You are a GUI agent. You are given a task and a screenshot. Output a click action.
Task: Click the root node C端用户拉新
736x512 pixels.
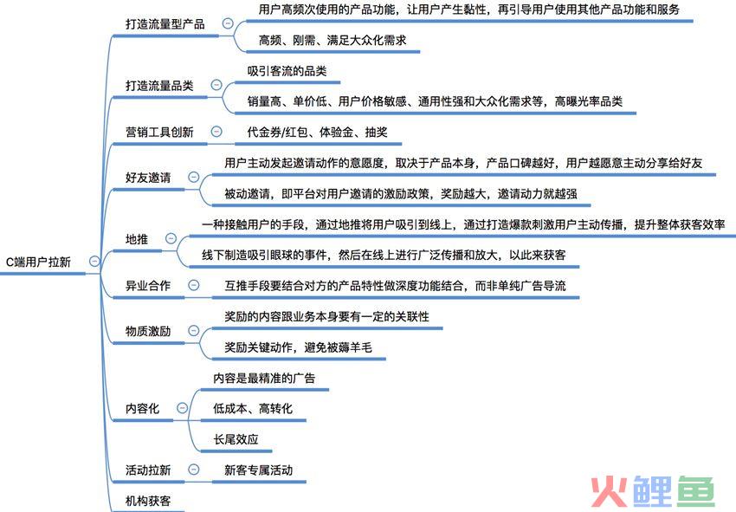[38, 262]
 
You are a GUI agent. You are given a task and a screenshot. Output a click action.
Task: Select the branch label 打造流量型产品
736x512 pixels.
[165, 24]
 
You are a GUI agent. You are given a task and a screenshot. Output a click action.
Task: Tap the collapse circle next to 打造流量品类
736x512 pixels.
[216, 85]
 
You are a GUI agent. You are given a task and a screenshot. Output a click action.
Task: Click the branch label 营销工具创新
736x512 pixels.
[159, 132]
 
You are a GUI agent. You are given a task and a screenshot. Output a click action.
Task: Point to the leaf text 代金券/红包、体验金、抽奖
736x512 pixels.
[317, 132]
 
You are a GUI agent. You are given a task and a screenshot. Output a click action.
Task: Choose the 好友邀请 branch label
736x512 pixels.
[148, 178]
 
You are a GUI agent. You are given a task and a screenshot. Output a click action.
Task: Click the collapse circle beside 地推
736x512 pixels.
[171, 238]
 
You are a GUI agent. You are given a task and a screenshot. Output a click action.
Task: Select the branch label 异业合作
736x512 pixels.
[148, 286]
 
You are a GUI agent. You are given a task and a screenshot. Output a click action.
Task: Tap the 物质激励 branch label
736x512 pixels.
[148, 331]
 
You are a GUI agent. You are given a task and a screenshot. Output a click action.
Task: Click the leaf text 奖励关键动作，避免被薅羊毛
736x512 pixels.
[298, 347]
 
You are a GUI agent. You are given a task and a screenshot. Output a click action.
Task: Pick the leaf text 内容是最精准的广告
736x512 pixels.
[264, 378]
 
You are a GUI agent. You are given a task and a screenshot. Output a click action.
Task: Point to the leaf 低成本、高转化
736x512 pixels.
[253, 408]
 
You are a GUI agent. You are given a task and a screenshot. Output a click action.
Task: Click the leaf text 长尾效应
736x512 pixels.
[236, 439]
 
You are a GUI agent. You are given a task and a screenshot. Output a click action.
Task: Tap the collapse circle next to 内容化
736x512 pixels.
[182, 408]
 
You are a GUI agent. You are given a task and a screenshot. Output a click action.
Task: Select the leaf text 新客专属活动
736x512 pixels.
[258, 470]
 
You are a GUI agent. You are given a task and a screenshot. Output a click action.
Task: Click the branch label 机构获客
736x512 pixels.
[148, 501]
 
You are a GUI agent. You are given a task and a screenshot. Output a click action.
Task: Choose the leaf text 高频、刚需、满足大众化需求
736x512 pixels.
[332, 41]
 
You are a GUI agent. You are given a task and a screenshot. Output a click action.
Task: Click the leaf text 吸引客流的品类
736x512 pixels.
[287, 71]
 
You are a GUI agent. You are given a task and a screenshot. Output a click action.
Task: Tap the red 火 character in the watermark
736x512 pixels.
[609, 492]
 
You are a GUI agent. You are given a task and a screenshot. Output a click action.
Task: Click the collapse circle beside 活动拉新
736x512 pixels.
[193, 470]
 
